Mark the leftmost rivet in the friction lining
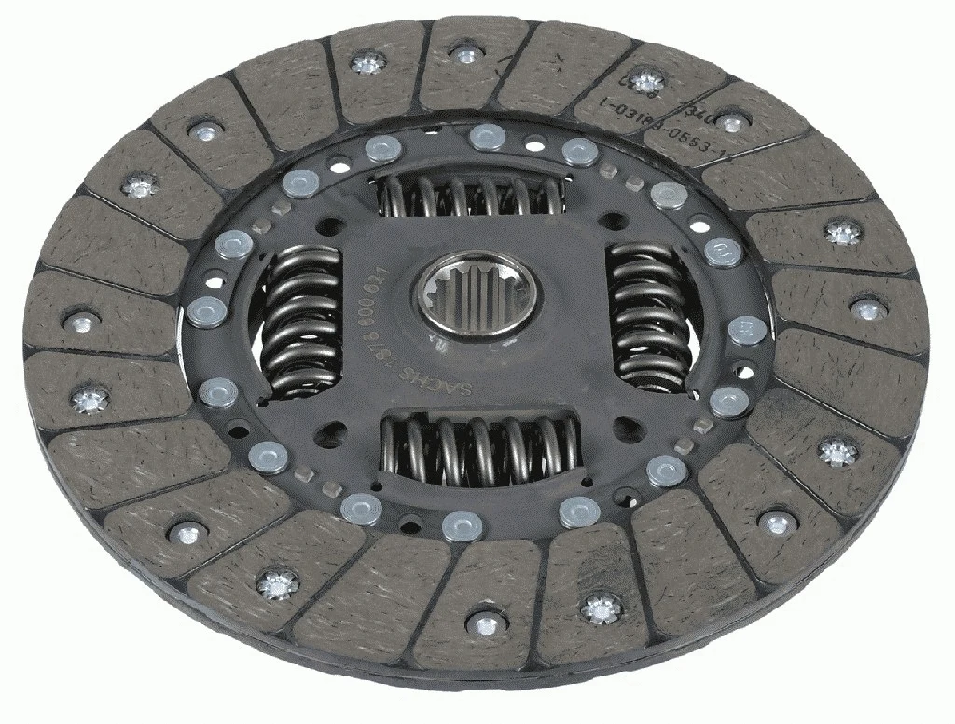(81, 322)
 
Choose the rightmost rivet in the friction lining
(867, 309)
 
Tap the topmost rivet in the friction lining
(461, 49)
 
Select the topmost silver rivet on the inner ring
(484, 136)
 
